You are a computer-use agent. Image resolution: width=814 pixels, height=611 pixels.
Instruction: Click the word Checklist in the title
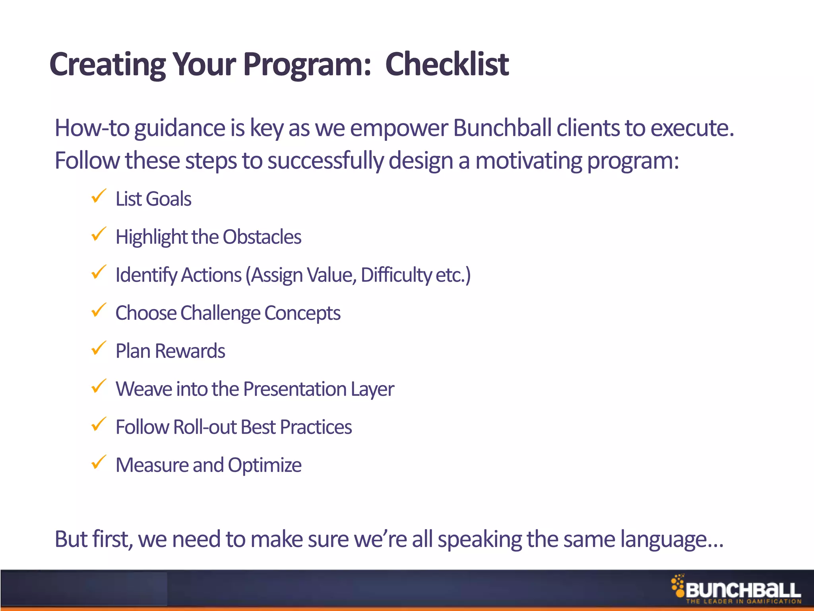[x=447, y=64]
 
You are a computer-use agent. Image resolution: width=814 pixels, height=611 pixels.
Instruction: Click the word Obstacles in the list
[x=262, y=237]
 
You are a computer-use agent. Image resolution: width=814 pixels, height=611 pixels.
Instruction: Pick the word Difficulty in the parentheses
[x=396, y=275]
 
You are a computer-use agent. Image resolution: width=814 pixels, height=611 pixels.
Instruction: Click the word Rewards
[x=190, y=351]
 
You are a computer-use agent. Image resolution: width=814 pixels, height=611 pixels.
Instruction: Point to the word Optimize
[x=264, y=465]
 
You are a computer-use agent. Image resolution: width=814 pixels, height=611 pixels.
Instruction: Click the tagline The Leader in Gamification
[x=743, y=601]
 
